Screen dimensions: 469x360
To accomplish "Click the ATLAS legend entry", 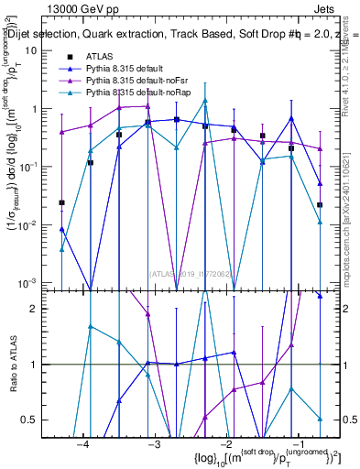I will (97, 57).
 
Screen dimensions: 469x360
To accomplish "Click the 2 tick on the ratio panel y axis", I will (42, 309).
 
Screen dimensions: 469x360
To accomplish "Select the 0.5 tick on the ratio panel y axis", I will (38, 420).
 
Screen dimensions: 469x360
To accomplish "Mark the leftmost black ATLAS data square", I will (61, 202).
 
